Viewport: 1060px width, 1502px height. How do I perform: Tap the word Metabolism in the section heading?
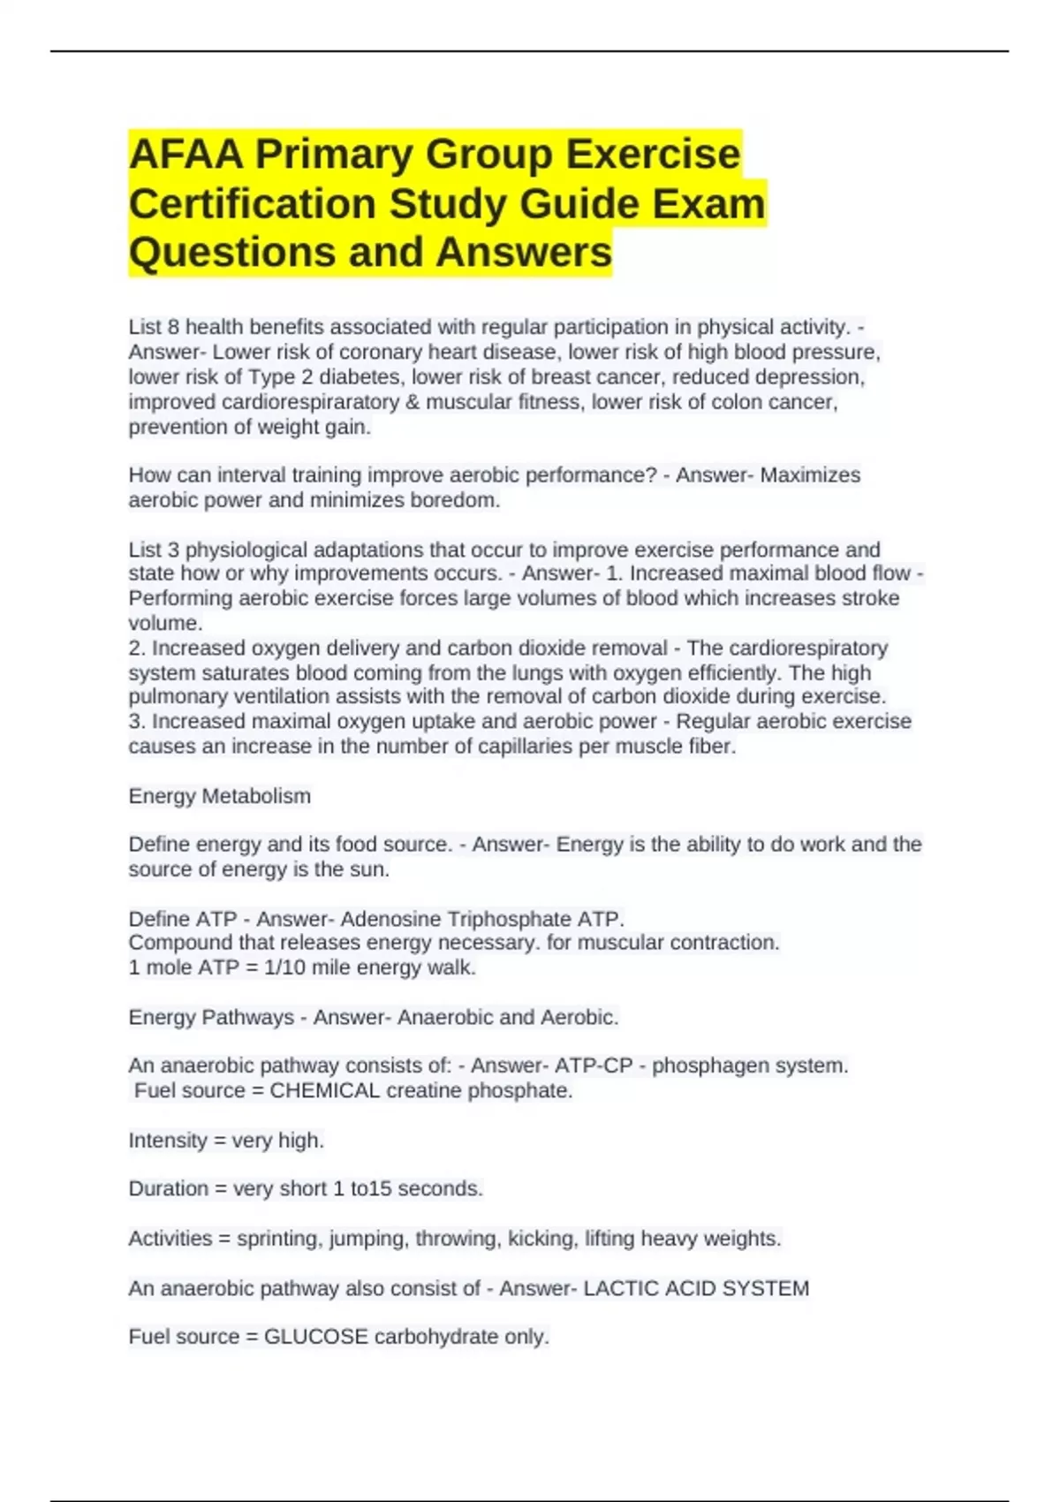[256, 796]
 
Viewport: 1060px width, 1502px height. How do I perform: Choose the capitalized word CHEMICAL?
[325, 1090]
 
